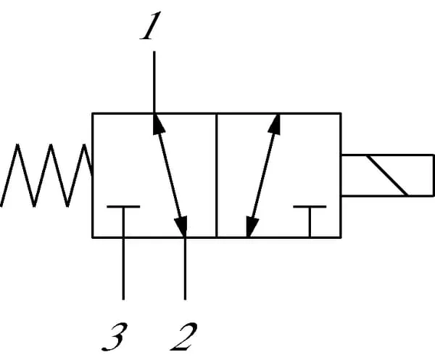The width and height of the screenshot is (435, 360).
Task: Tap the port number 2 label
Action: [184, 335]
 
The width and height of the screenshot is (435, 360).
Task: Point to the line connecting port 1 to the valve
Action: [153, 80]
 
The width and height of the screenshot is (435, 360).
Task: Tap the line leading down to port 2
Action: [185, 269]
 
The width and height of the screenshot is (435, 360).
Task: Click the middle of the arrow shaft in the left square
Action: [169, 175]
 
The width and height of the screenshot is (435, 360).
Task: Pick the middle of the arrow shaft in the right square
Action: [262, 175]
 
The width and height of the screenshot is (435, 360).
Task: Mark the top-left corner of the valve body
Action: [92, 113]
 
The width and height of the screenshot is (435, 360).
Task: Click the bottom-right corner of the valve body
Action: [341, 237]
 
